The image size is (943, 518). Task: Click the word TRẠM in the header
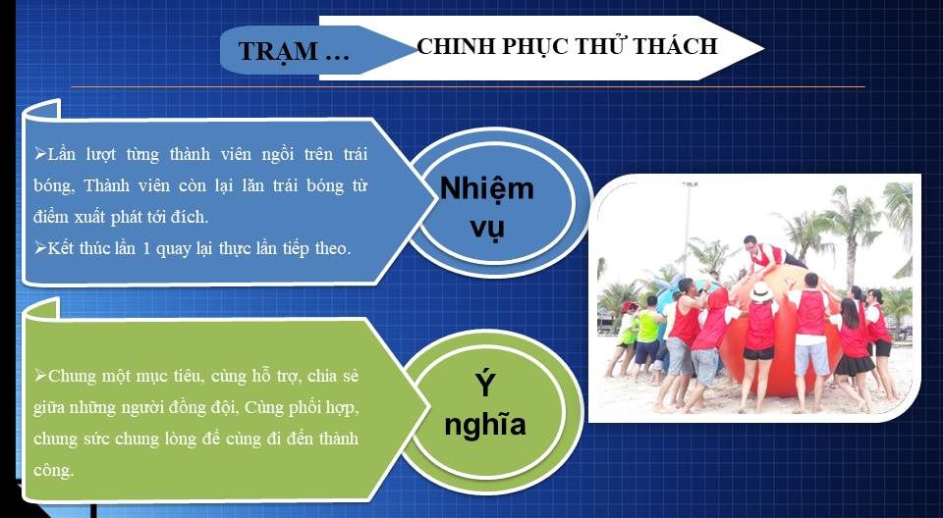click(277, 51)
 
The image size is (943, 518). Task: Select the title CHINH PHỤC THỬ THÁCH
click(567, 46)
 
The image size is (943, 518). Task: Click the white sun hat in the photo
click(760, 291)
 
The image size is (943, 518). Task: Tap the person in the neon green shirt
click(647, 337)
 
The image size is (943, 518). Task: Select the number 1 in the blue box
click(146, 248)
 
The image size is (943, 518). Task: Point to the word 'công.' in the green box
click(53, 471)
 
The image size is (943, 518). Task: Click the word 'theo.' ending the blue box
click(333, 248)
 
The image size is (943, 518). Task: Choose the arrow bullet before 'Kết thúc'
click(40, 247)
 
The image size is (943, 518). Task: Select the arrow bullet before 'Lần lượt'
click(40, 154)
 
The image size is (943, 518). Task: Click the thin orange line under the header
click(468, 87)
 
